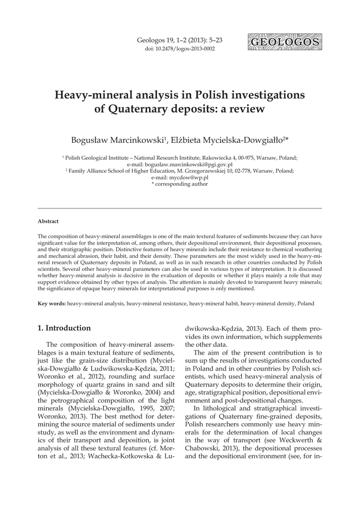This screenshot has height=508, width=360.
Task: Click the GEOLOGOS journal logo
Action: [284, 42]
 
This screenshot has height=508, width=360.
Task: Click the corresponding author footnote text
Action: [180, 184]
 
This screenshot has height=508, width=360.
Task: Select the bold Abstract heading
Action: [48, 221]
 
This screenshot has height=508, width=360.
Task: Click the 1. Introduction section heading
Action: [65, 328]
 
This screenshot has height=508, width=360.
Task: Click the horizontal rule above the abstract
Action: [180, 209]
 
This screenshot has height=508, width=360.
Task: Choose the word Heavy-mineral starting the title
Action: [94, 94]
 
